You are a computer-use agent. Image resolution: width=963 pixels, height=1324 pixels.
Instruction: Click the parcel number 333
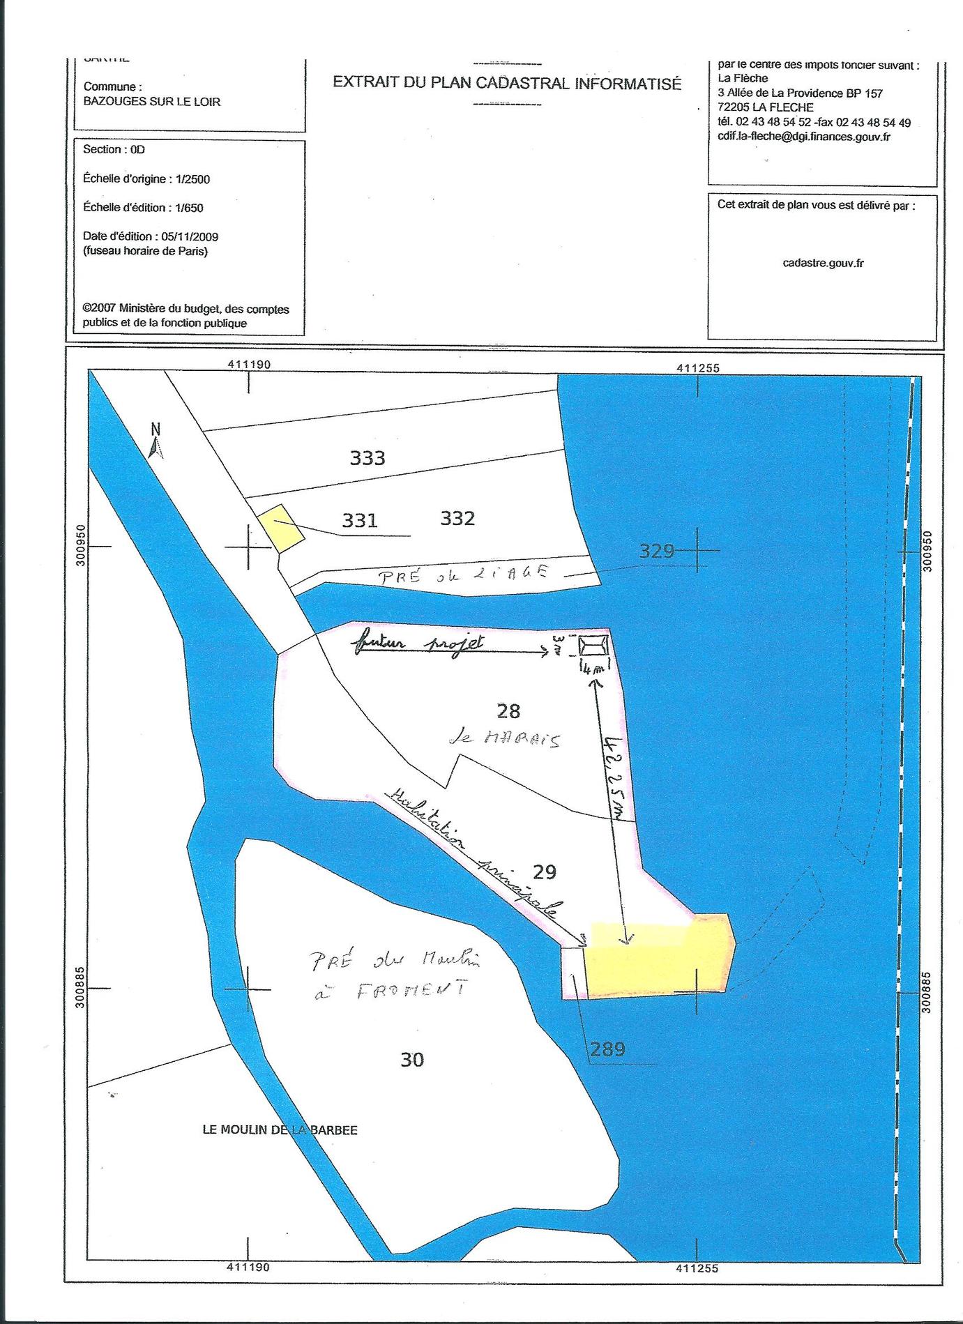[x=367, y=458]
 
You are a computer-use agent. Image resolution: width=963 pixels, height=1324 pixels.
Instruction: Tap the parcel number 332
[x=457, y=518]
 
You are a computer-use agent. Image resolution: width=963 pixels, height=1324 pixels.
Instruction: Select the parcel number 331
[x=360, y=520]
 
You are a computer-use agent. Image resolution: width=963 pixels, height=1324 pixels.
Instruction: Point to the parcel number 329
[x=657, y=551]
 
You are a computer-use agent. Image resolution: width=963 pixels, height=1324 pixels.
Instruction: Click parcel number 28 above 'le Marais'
[x=508, y=710]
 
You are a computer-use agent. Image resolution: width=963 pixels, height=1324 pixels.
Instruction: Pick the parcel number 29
[x=545, y=871]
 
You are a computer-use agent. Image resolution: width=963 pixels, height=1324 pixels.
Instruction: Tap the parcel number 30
[x=412, y=1059]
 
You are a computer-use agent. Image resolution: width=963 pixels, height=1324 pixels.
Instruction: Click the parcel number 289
[x=607, y=1049]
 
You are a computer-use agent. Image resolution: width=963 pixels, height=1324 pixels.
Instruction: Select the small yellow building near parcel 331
[x=280, y=528]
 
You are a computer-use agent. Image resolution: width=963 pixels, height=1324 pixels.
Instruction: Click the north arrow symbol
[x=156, y=442]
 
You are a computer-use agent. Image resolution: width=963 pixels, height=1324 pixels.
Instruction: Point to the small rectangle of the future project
[x=593, y=646]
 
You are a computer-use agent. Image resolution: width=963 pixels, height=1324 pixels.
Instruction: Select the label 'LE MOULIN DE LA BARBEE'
[x=280, y=1130]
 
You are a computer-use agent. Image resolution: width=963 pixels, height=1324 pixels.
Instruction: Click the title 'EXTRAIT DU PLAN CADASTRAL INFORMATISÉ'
[x=507, y=83]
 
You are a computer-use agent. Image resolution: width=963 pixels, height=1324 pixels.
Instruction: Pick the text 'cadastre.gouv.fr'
[x=823, y=263]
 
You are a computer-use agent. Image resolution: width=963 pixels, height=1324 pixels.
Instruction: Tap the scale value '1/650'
[x=190, y=208]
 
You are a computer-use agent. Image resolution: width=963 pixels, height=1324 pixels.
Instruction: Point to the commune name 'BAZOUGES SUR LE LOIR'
[x=152, y=102]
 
